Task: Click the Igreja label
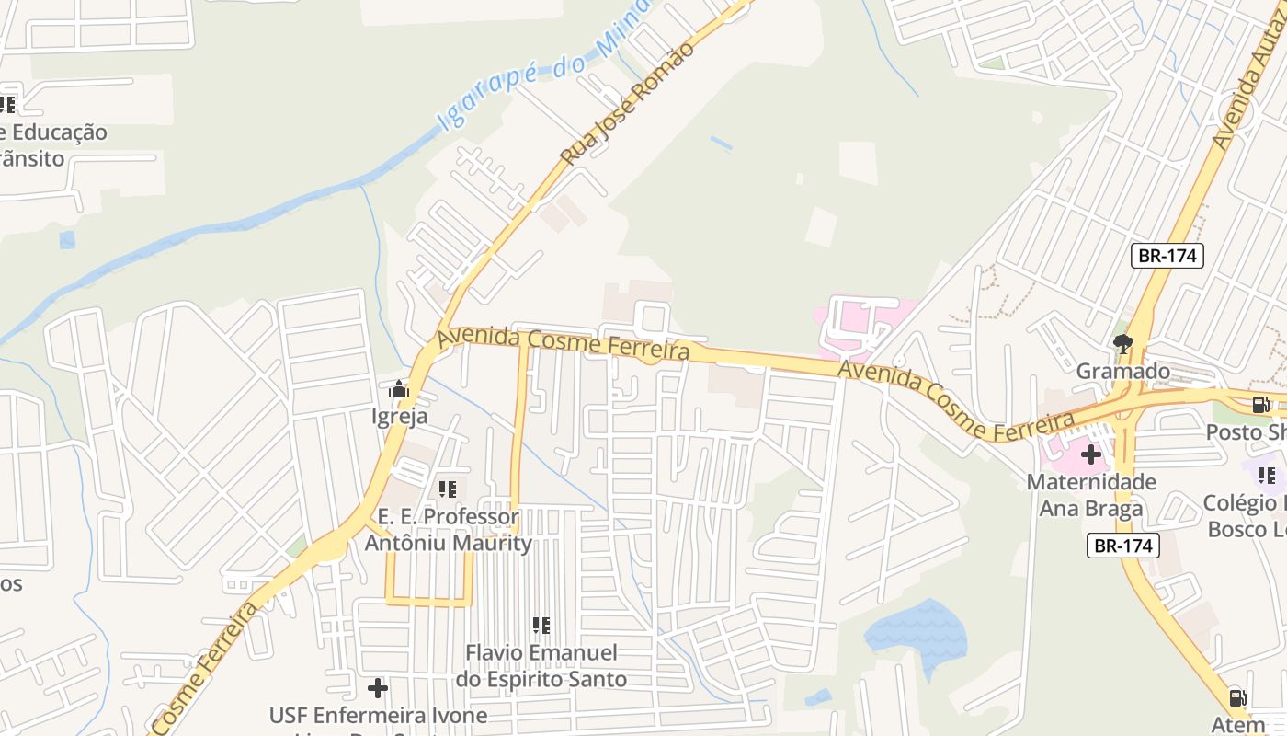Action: (399, 417)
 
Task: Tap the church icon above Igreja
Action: (398, 390)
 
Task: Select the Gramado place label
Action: (1123, 372)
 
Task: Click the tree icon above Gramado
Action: (1122, 345)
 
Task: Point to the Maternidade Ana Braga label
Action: (1091, 495)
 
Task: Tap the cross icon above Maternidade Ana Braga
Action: (1091, 454)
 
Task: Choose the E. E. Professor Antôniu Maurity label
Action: (449, 530)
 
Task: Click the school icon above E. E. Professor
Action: (448, 489)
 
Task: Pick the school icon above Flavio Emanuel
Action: (541, 626)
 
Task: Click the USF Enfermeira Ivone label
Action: (378, 716)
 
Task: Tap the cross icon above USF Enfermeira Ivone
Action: (377, 688)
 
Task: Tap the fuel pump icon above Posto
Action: (1261, 405)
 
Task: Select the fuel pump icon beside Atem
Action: (1238, 698)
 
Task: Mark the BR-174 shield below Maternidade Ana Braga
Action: (1122, 546)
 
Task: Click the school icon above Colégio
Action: (1266, 476)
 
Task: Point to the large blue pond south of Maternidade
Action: (916, 630)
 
